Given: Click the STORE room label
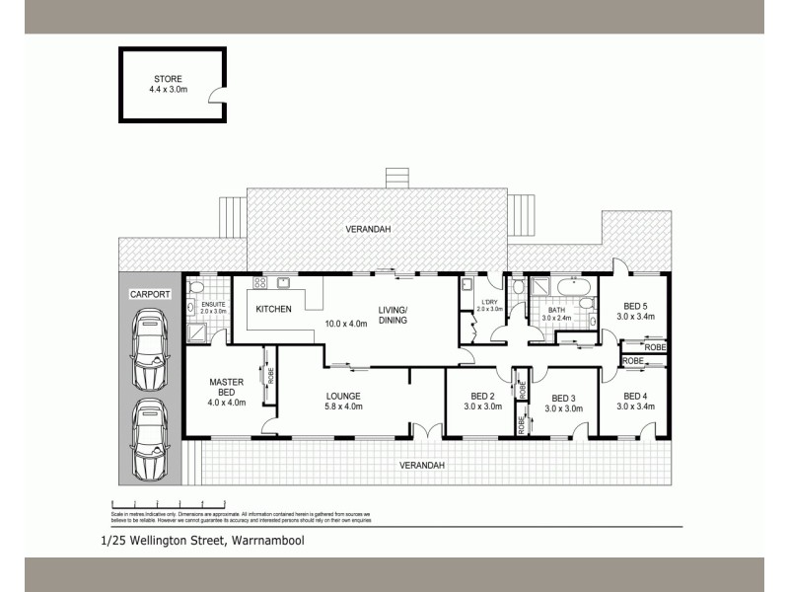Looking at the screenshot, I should pyautogui.click(x=168, y=79).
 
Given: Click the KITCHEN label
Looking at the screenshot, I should pyautogui.click(x=273, y=310).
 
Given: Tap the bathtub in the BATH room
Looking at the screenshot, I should pyautogui.click(x=567, y=288).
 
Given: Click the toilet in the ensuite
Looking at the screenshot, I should pyautogui.click(x=197, y=286).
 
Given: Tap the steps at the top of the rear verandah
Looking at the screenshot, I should pyautogui.click(x=395, y=180).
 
